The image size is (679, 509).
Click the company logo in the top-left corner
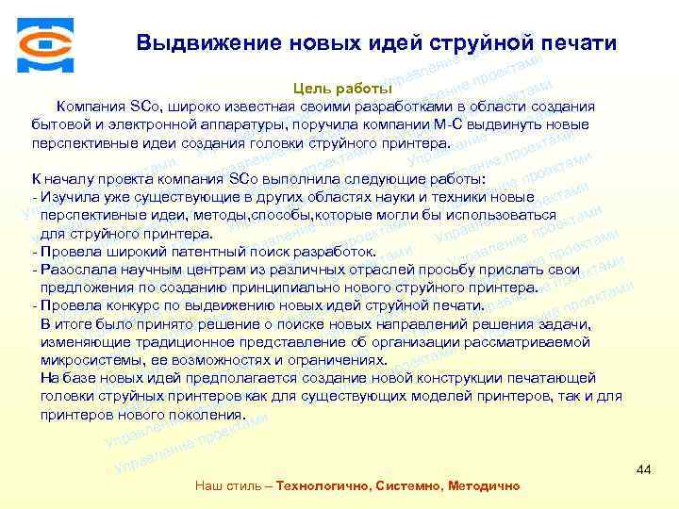tap(43, 43)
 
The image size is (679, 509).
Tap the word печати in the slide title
tap(577, 43)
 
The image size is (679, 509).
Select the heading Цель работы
tap(337, 89)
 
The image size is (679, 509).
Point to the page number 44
tap(644, 468)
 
